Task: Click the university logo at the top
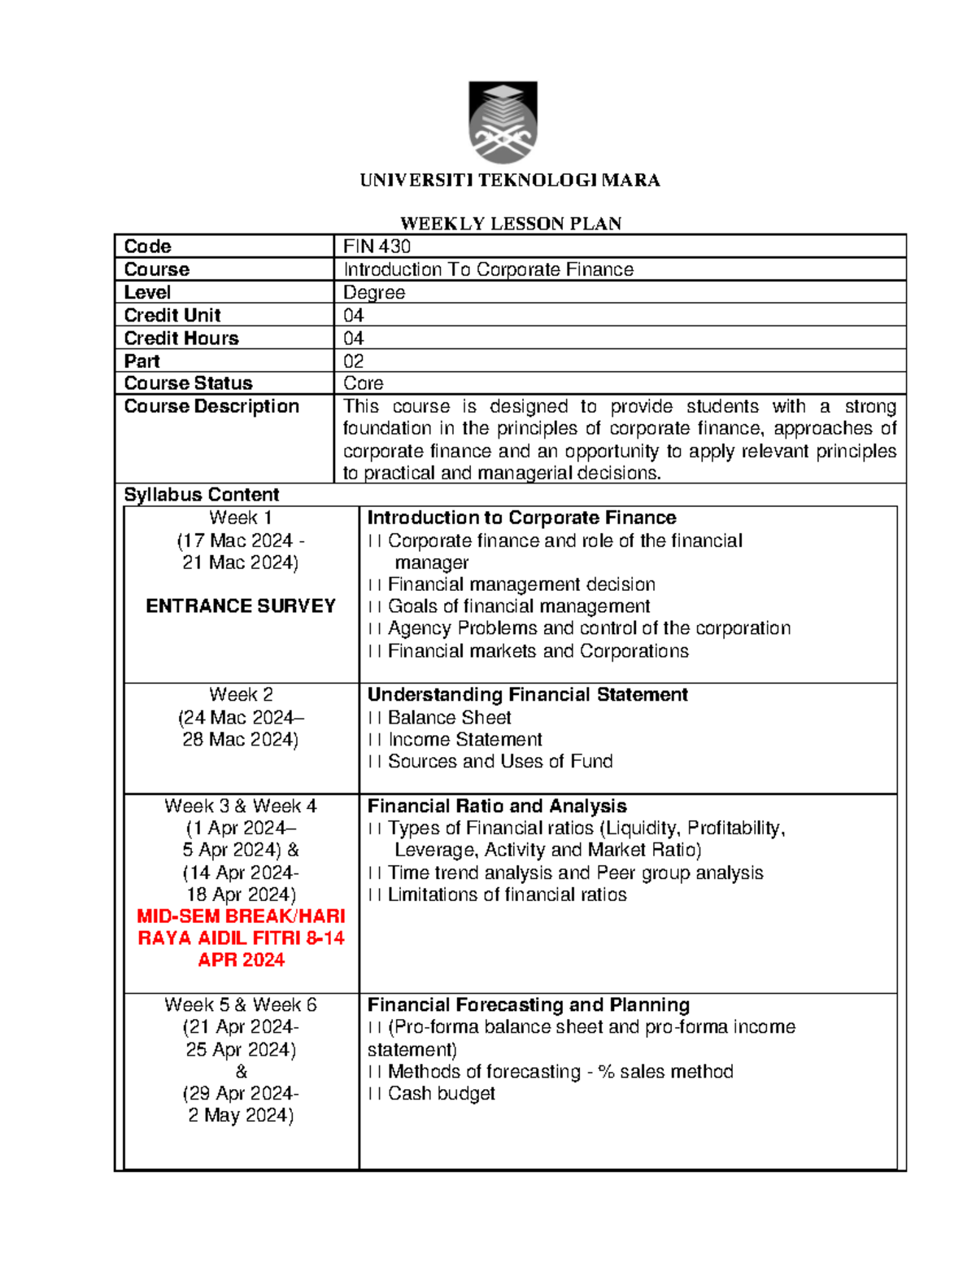503,122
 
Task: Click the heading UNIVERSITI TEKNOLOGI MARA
510,181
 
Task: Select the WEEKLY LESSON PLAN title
510,224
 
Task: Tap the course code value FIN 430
377,247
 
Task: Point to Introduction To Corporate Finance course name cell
488,269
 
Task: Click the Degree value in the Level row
373,292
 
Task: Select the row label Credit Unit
172,315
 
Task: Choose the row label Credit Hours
181,338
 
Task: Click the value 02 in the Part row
353,361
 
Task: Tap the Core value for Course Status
363,383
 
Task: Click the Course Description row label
211,406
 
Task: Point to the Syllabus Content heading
201,495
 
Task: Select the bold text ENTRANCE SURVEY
241,606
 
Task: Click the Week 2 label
241,695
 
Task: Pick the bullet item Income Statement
464,739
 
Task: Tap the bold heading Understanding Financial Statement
527,695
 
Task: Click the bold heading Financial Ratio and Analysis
497,806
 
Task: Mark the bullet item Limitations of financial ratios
507,894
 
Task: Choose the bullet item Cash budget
441,1094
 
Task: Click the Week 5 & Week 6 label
241,1005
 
